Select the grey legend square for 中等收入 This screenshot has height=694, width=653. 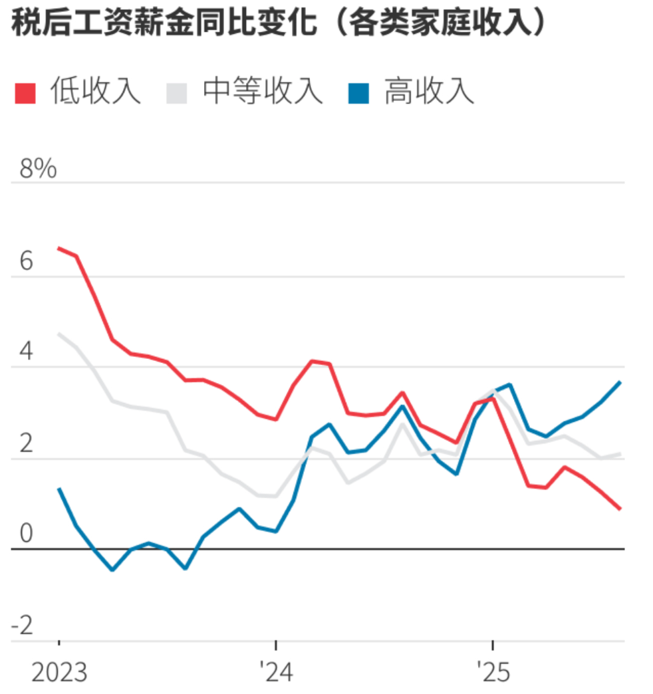(176, 93)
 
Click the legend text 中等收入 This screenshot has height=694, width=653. (263, 92)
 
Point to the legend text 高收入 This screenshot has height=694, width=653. (429, 92)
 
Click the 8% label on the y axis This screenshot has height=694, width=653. (38, 170)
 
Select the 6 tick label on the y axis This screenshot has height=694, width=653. (26, 262)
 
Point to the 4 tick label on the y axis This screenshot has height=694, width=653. (26, 352)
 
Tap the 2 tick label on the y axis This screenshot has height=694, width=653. (26, 444)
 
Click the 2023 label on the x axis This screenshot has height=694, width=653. (59, 673)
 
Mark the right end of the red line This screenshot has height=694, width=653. (620, 509)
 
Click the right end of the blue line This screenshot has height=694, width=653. (620, 382)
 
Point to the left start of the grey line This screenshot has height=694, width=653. (59, 334)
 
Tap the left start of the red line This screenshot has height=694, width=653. (59, 248)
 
